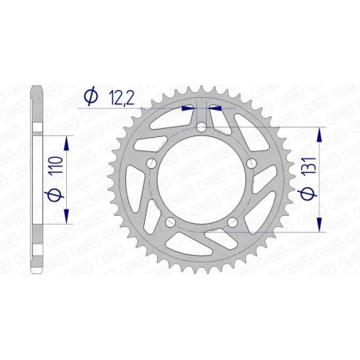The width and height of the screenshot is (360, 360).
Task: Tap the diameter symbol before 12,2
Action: [x=90, y=96]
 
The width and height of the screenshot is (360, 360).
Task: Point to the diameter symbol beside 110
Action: [x=53, y=194]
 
